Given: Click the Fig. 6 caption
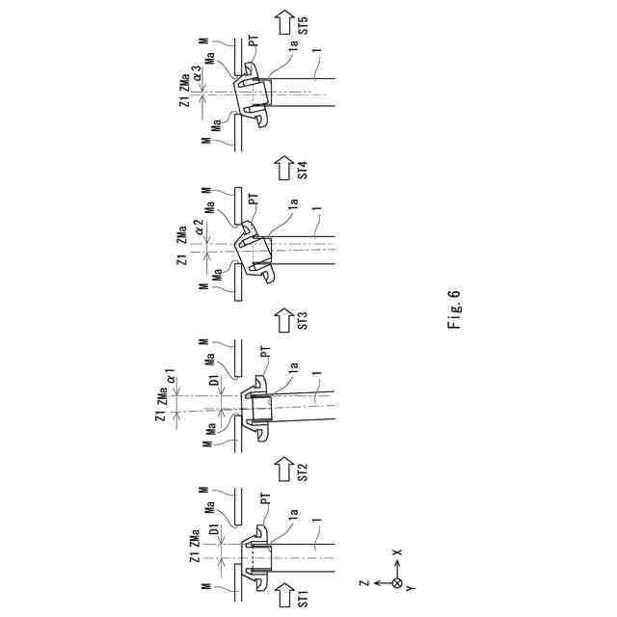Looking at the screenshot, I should pyautogui.click(x=454, y=309).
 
